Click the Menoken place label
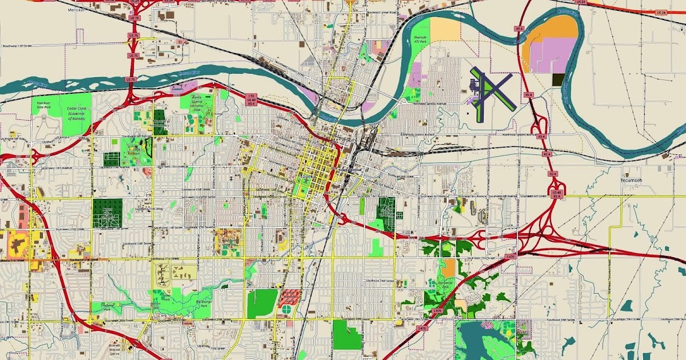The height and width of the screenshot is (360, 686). (x=75, y=10)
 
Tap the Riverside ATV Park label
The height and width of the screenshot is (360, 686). (x=420, y=41)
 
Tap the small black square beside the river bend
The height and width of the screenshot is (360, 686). (x=558, y=80)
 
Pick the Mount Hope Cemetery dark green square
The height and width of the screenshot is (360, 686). (x=107, y=214)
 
